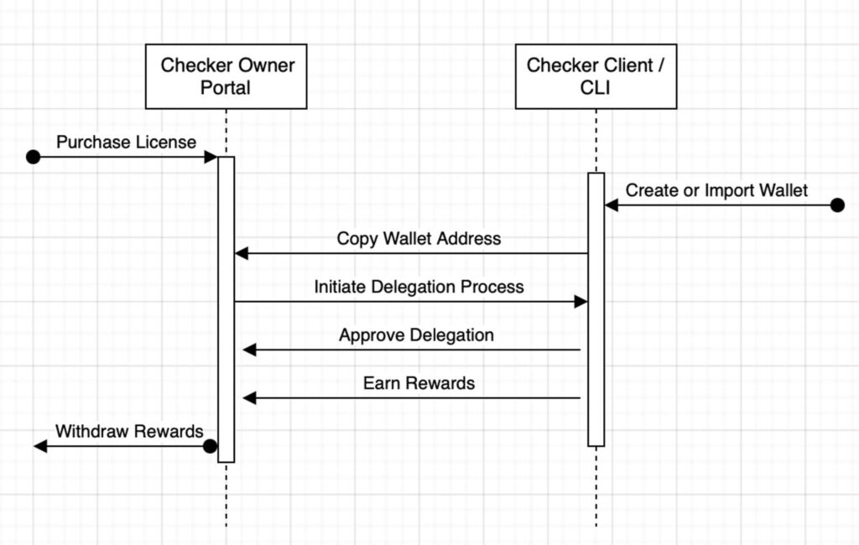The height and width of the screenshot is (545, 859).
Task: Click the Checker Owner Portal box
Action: point(226,76)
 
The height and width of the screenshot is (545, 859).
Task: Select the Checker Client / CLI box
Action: point(596,76)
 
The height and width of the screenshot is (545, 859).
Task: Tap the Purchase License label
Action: point(126,143)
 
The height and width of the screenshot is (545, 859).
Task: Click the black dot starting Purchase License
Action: point(33,157)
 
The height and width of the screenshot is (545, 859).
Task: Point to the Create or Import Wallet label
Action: point(716,190)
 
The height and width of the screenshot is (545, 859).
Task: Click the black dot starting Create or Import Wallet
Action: point(837,205)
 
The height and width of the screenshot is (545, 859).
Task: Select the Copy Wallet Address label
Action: point(419,238)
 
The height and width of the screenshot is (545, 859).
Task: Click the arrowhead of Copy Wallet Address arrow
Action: point(242,253)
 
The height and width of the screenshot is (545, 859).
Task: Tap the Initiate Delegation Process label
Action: point(419,287)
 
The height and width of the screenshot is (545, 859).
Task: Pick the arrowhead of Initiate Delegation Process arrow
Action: point(580,302)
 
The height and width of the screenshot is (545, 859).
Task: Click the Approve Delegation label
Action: point(416,335)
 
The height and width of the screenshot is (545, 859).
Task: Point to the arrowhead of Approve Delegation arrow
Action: point(250,350)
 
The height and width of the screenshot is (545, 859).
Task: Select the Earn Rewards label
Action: point(419,383)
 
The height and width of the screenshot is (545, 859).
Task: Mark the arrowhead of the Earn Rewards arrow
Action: point(250,398)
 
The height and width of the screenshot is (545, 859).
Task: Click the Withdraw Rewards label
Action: point(129,431)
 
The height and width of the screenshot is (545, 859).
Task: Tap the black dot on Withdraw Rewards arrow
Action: point(210,446)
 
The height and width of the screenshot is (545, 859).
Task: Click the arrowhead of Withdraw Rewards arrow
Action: point(40,446)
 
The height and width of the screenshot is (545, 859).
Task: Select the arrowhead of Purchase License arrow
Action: point(211,157)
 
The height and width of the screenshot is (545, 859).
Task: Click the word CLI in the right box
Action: point(595,88)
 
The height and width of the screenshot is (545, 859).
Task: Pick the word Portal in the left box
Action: point(225,88)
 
